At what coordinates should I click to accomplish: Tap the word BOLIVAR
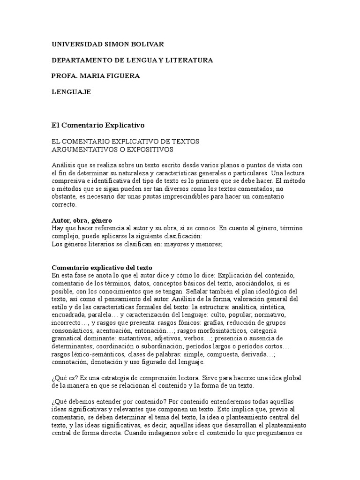(x=147, y=44)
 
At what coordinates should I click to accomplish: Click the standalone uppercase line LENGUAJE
(x=71, y=92)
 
